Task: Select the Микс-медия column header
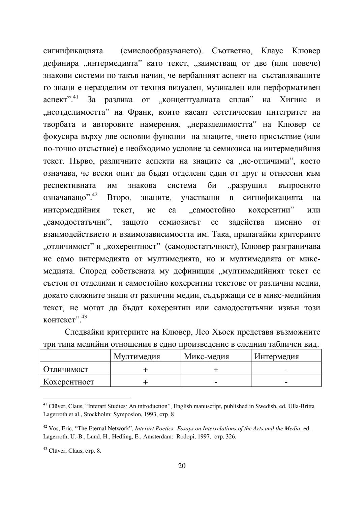click(206, 356)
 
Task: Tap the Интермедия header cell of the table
click(276, 356)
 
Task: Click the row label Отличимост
click(66, 369)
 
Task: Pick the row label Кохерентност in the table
click(69, 382)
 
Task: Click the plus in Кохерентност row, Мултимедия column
click(145, 382)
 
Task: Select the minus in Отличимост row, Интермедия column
click(286, 370)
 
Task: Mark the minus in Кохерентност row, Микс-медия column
click(216, 382)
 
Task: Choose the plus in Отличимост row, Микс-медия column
click(216, 370)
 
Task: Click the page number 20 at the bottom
click(182, 466)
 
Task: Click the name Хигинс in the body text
click(293, 100)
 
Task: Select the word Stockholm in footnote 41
click(98, 414)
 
